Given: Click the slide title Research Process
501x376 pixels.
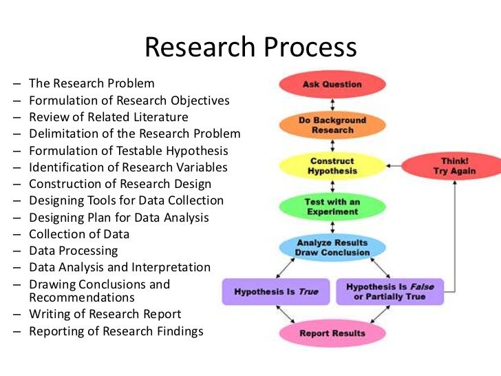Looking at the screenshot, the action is click(x=250, y=47).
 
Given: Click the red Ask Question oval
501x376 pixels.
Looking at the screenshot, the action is click(x=332, y=85).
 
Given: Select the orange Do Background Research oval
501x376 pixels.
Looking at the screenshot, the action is click(x=332, y=125).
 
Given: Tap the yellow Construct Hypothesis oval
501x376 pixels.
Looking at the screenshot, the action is click(x=332, y=165).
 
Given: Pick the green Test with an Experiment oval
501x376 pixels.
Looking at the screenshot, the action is click(x=332, y=207).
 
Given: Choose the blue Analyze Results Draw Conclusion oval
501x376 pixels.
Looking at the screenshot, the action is click(x=332, y=247).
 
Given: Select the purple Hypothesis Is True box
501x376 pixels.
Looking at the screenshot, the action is click(x=276, y=291).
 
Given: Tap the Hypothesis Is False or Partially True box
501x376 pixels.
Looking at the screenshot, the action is click(x=390, y=291).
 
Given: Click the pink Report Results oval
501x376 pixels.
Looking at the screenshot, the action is click(x=332, y=334).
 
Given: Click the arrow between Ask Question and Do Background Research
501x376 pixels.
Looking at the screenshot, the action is click(x=332, y=104).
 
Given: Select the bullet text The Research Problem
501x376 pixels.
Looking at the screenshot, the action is click(x=92, y=83).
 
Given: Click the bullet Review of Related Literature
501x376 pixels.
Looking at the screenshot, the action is click(x=108, y=117).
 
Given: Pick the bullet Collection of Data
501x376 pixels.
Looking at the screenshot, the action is click(x=79, y=234).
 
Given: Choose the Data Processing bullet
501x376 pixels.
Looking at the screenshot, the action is click(x=74, y=251).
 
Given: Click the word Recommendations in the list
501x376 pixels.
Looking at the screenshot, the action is click(x=82, y=297).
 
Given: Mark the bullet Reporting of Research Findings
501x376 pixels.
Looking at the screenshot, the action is click(x=116, y=331).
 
